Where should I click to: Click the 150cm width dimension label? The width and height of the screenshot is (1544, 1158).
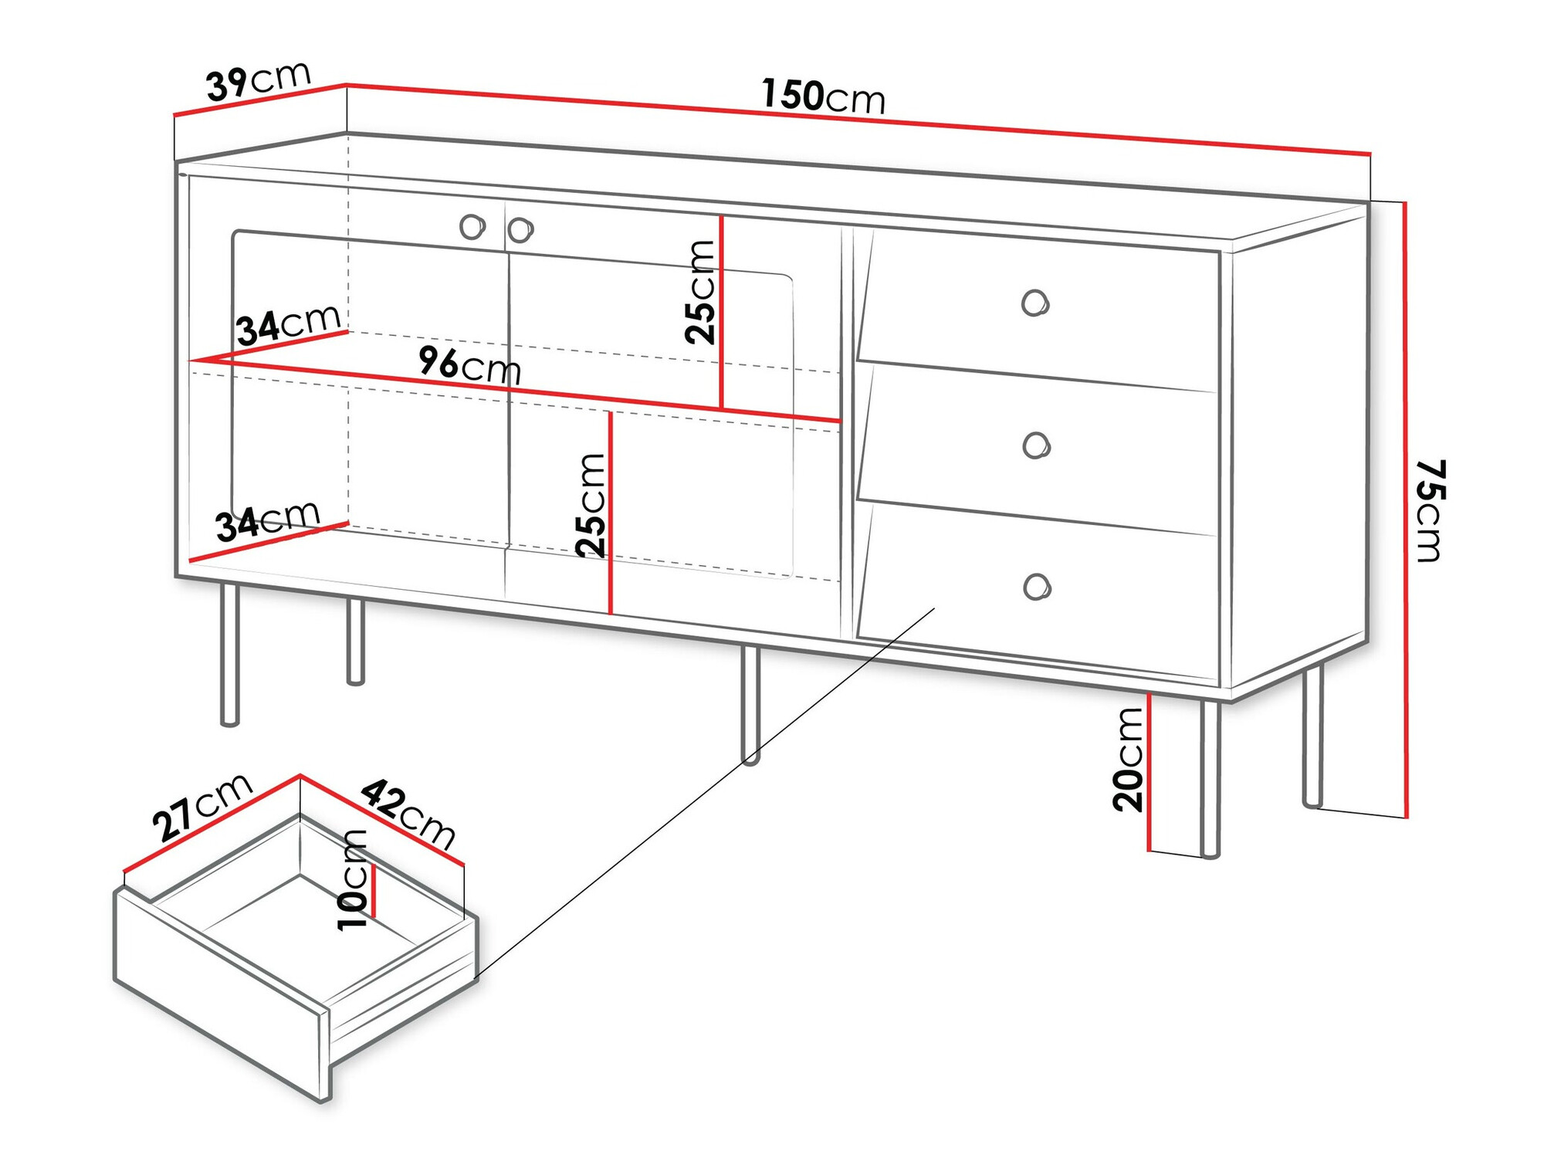click(823, 96)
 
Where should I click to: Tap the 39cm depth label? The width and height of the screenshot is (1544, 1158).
click(259, 80)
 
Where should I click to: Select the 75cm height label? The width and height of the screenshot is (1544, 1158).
click(1431, 510)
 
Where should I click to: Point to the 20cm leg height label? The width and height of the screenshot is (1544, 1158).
click(1128, 759)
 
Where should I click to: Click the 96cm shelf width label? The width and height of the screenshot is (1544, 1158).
click(470, 364)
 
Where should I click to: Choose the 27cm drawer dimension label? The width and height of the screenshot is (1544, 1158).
click(202, 807)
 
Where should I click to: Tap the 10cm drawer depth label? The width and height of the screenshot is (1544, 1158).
click(354, 880)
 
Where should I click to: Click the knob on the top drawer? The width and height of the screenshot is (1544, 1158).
click(1035, 303)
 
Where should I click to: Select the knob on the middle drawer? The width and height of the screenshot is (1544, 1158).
click(1036, 445)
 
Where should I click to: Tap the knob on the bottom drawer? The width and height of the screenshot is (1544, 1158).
click(1037, 587)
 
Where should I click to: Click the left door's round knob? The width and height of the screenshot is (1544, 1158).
click(472, 227)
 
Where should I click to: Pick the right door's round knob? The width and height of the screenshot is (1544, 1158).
click(520, 229)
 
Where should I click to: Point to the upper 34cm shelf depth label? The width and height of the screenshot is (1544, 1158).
click(289, 323)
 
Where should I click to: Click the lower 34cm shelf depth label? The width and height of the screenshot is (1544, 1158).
click(268, 520)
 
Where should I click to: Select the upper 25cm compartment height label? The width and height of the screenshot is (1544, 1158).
click(701, 292)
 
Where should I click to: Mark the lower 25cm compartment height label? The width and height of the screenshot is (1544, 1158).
click(591, 506)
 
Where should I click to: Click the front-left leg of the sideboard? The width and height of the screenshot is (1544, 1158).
click(229, 655)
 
